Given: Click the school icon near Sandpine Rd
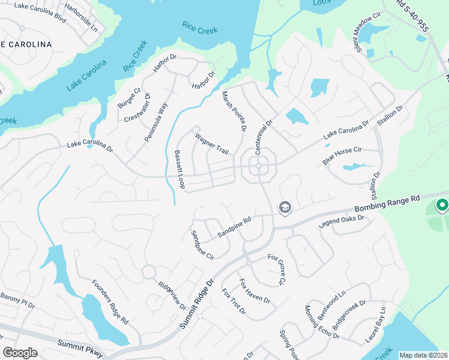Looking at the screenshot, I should [285, 208].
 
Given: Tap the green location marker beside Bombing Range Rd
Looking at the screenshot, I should [442, 206].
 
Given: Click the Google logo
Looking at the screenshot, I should [20, 353].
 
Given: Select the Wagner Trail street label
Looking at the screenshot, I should [211, 143].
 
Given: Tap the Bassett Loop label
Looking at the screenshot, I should [178, 170].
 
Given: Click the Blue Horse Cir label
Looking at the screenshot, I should [343, 155].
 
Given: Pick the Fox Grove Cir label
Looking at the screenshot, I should [277, 269].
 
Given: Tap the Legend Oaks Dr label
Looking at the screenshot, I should [342, 222].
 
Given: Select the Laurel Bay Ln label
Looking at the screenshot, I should [375, 325].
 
